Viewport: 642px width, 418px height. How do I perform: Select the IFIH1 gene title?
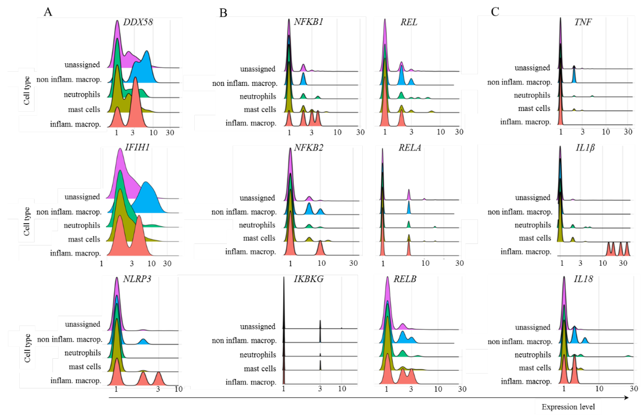(x=137, y=147)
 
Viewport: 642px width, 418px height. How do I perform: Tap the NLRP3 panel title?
(x=137, y=279)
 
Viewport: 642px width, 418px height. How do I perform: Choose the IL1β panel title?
(x=585, y=148)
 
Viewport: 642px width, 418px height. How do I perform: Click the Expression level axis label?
(x=568, y=407)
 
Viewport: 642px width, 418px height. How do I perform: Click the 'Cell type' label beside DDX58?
(x=26, y=90)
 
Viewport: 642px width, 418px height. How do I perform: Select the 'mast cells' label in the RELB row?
(x=260, y=369)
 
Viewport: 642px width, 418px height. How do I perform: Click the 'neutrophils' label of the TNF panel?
(x=532, y=95)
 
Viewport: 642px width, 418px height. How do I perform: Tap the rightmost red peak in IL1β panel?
(x=627, y=250)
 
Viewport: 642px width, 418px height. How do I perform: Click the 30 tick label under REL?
(x=459, y=132)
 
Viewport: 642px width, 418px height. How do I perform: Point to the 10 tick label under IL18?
(x=599, y=389)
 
